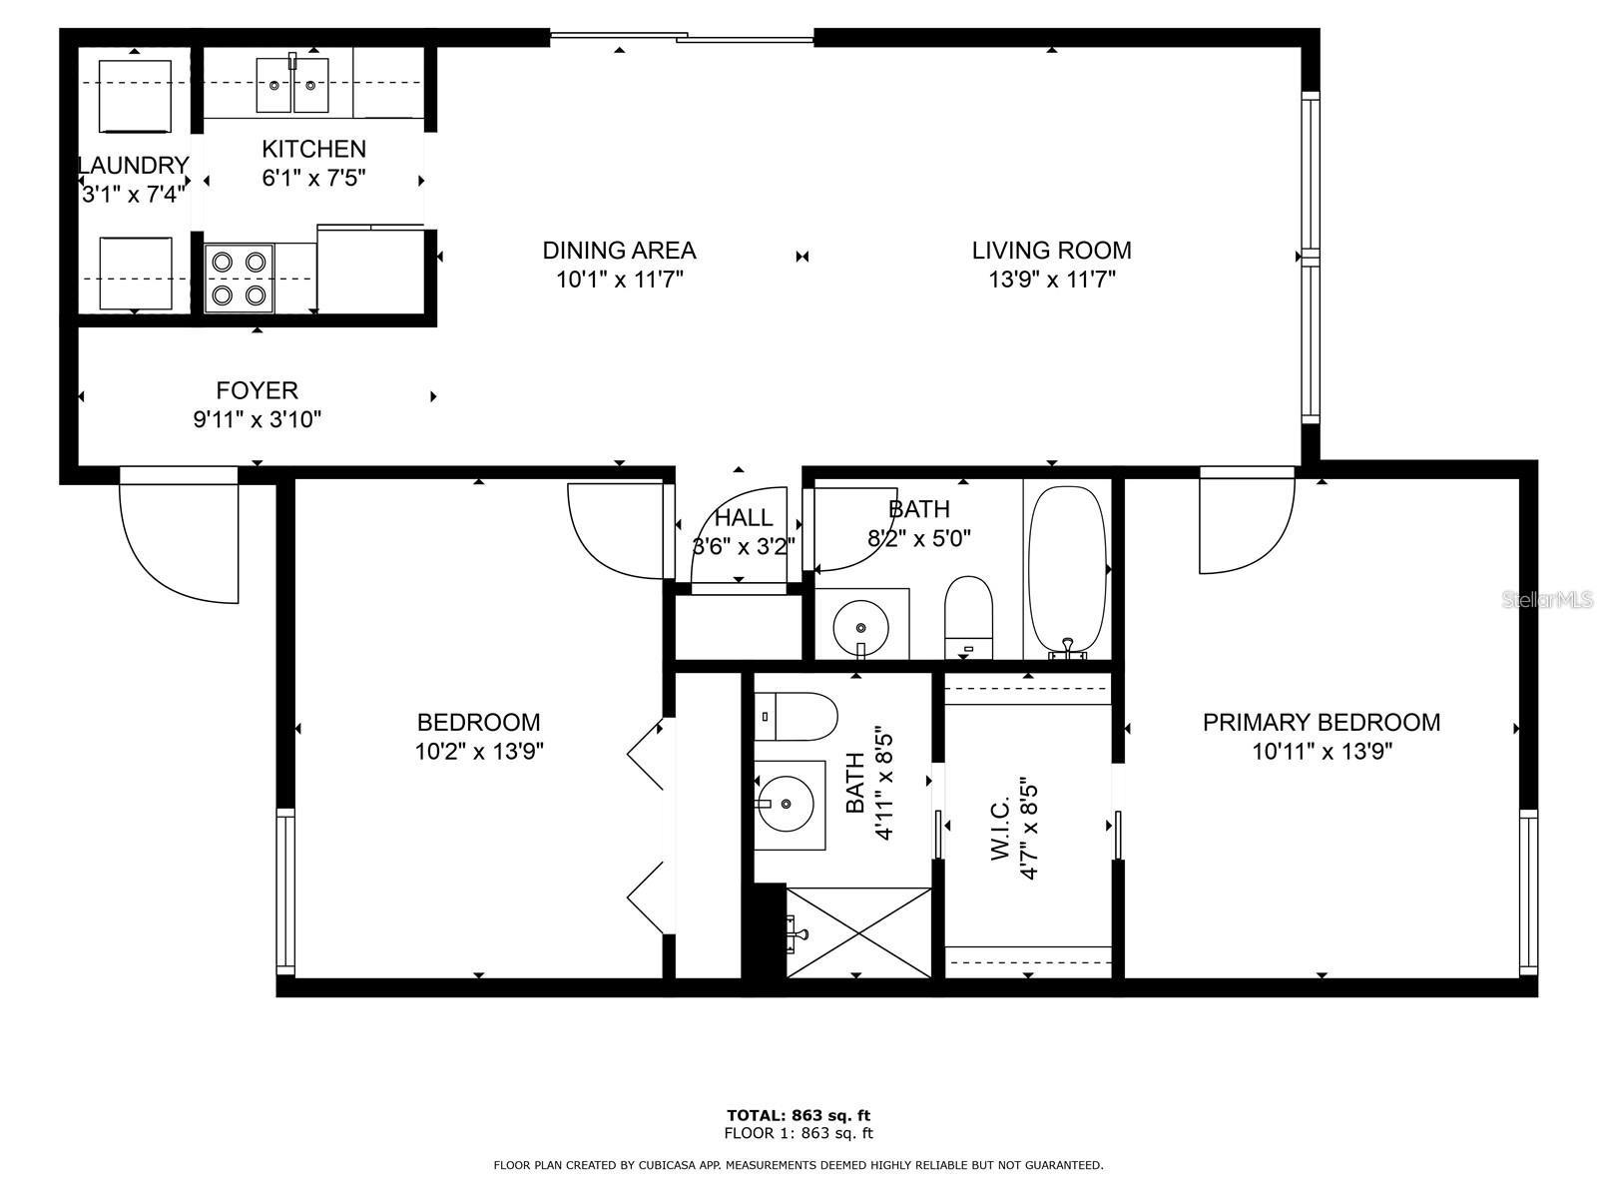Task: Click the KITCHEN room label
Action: pyautogui.click(x=313, y=150)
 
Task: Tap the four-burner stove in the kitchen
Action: pyautogui.click(x=240, y=279)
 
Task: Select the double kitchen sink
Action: pyautogui.click(x=292, y=85)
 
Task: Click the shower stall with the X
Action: pyautogui.click(x=858, y=930)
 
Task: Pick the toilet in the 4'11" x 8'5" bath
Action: pyautogui.click(x=796, y=716)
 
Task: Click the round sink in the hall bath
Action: pyautogui.click(x=861, y=625)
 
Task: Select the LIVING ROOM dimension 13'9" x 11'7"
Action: pyautogui.click(x=1052, y=280)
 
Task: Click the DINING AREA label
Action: pyautogui.click(x=619, y=251)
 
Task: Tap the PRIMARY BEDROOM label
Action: pyautogui.click(x=1321, y=723)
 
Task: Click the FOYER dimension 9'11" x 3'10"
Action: pyautogui.click(x=257, y=419)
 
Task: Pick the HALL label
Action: pyautogui.click(x=744, y=518)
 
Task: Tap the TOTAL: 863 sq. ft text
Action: pyautogui.click(x=798, y=1115)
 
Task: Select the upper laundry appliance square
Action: pyautogui.click(x=135, y=96)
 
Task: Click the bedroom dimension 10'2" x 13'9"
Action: pyautogui.click(x=479, y=751)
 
